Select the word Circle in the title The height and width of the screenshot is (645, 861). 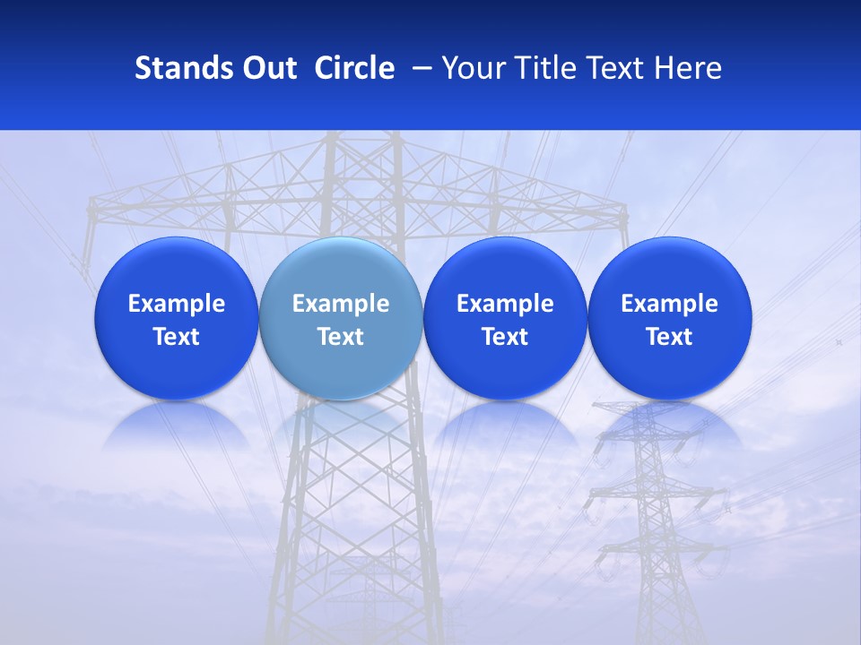coord(354,68)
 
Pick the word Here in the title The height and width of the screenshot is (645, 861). coord(690,68)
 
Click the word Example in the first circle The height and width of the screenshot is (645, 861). coord(177,304)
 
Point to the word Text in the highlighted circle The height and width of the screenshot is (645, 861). coord(341,337)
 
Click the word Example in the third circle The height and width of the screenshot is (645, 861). coord(505,304)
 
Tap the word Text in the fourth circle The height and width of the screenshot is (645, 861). coord(670,337)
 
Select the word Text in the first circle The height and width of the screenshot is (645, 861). coord(177,337)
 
